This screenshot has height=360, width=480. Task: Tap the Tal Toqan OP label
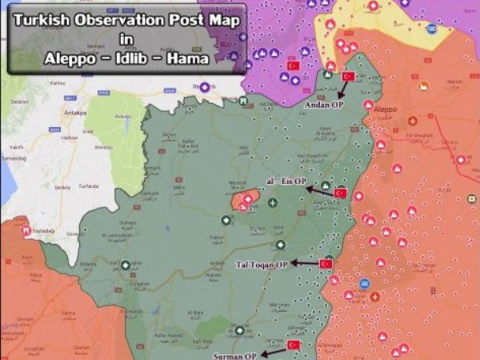(261, 264)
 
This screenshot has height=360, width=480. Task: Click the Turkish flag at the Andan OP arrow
(348, 77)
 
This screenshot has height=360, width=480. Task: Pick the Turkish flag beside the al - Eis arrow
(340, 193)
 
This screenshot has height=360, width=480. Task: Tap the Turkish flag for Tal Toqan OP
(326, 264)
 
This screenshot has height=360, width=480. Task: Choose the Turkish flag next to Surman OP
(294, 345)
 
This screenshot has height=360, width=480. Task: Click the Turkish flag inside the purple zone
(293, 65)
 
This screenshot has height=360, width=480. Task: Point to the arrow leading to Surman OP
(274, 350)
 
